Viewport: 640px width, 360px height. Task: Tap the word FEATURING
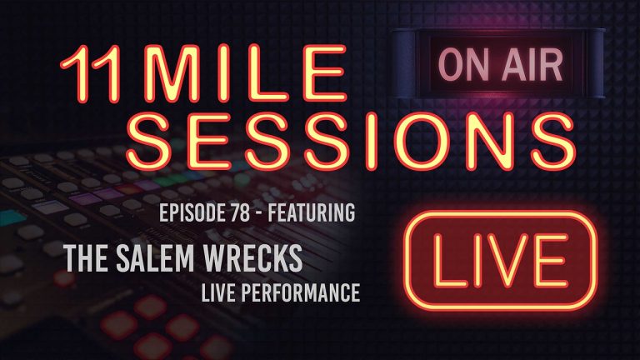tap(312, 215)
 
